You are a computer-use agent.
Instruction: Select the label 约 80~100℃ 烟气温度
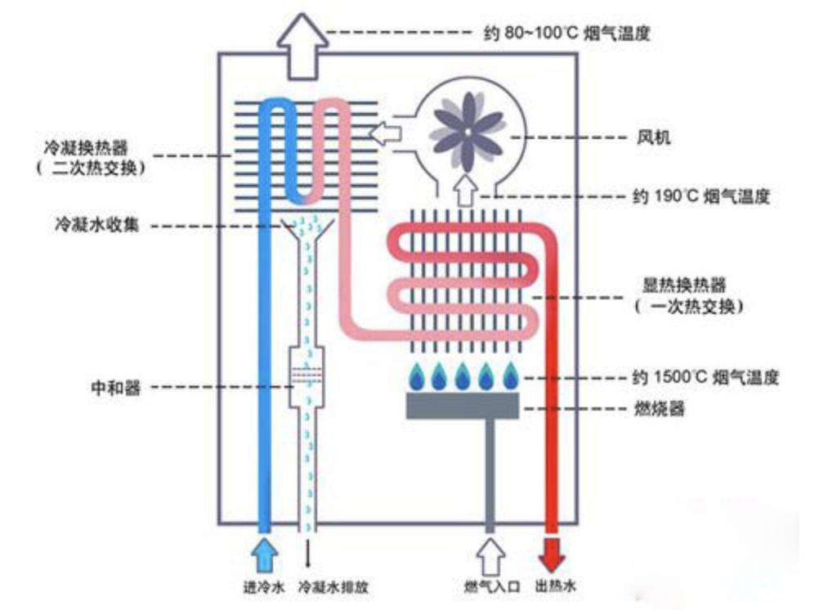567,34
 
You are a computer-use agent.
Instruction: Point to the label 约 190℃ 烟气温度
700,197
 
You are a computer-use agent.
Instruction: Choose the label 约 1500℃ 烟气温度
705,378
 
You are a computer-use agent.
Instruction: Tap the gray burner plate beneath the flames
463,406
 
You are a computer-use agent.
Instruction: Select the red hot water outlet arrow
553,555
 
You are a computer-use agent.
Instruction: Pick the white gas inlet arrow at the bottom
490,555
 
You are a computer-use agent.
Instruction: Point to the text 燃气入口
490,587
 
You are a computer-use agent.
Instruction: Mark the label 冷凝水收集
102,225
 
